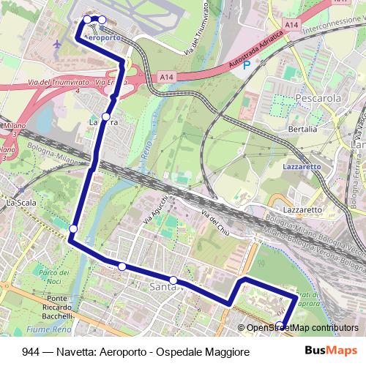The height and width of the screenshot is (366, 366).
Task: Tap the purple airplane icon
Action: pos(58,44)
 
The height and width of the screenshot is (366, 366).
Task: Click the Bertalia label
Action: pos(303,129)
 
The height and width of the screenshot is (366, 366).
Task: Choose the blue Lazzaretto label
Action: pos(302,167)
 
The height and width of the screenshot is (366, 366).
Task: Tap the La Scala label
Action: pos(20,202)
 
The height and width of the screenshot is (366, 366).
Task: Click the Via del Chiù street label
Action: pos(214,217)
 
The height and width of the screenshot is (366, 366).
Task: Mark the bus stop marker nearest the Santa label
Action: pos(173,280)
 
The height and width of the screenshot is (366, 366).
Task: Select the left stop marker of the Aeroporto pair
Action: pos(87,19)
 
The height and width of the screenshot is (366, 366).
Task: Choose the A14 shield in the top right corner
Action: pos(292,25)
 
